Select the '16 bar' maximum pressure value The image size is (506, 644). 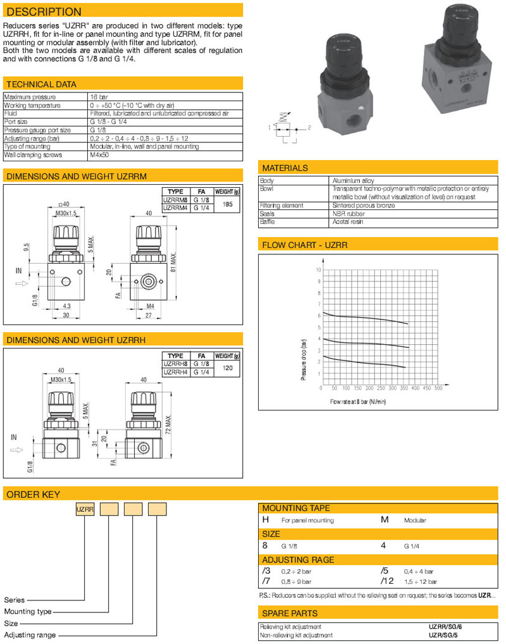click(100, 97)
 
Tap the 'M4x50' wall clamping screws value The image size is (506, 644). click(100, 154)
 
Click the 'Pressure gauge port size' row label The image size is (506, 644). click(37, 129)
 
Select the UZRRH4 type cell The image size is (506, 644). click(176, 373)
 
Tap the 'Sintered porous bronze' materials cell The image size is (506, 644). click(359, 205)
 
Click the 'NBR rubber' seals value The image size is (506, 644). click(347, 213)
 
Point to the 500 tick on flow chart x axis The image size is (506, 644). click(438, 388)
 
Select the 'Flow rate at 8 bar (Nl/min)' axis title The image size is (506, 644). click(358, 402)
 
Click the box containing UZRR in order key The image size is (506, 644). click(85, 510)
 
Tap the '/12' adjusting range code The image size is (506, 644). click(387, 581)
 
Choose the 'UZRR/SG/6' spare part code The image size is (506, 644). click(450, 626)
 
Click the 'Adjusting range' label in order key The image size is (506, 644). click(30, 635)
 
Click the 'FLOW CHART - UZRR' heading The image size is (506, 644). click(305, 245)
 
